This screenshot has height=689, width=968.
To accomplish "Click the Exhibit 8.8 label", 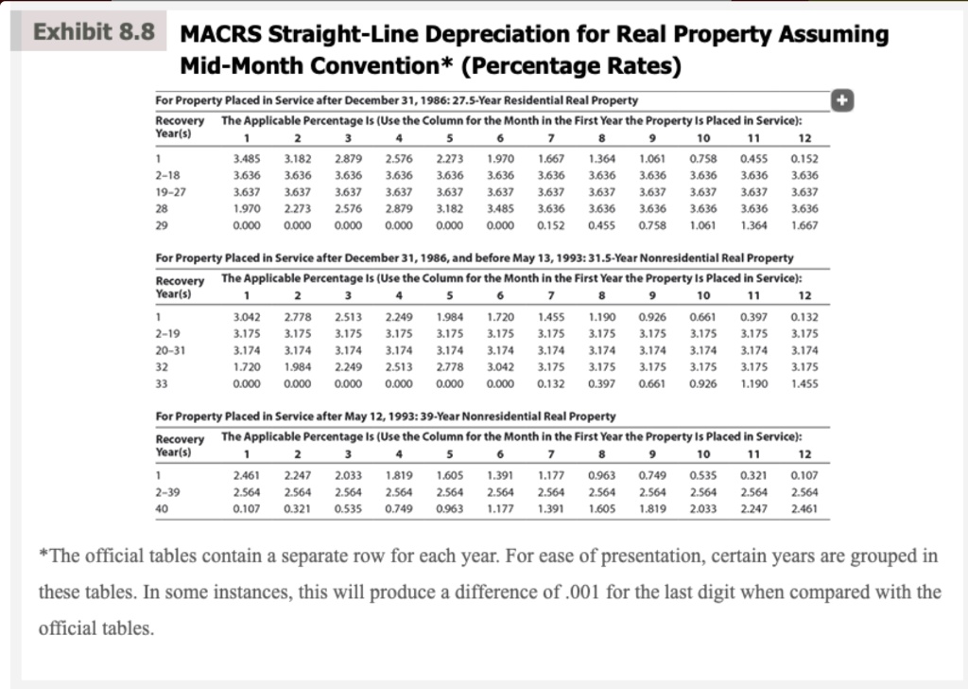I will pyautogui.click(x=94, y=32).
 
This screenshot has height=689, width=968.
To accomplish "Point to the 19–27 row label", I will pyautogui.click(x=171, y=192).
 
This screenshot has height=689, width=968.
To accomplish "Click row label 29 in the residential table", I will pyautogui.click(x=163, y=226).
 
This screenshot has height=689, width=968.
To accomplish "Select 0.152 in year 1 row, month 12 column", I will pyautogui.click(x=804, y=158).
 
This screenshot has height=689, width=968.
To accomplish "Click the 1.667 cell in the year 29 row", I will pyautogui.click(x=804, y=226).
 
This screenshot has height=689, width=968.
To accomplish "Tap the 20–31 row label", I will pyautogui.click(x=171, y=350).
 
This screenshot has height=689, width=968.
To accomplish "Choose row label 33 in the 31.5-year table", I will pyautogui.click(x=163, y=384).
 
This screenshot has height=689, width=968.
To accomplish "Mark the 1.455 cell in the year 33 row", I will pyautogui.click(x=804, y=384).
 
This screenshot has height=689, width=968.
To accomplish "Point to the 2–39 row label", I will pyautogui.click(x=169, y=491).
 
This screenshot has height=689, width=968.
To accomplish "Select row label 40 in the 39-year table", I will pyautogui.click(x=163, y=508).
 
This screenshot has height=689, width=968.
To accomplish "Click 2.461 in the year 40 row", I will pyautogui.click(x=804, y=508).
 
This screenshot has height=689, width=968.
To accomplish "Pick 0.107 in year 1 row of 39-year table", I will pyautogui.click(x=804, y=474).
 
